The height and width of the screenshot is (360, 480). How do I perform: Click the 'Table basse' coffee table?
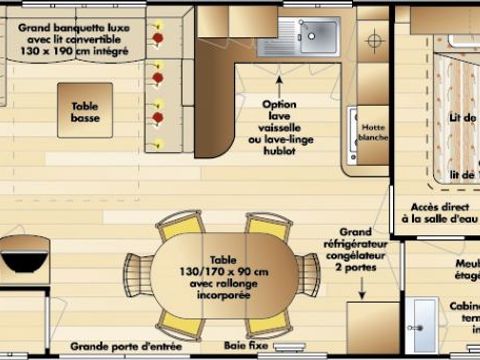pos(84,110)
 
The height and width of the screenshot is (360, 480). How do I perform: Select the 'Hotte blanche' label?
pos(374,132)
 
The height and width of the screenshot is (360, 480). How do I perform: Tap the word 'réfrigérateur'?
pos(361,242)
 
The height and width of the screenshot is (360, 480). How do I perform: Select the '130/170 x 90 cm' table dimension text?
pos(223,270)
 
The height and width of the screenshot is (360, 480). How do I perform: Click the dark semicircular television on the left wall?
pos(24,256)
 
